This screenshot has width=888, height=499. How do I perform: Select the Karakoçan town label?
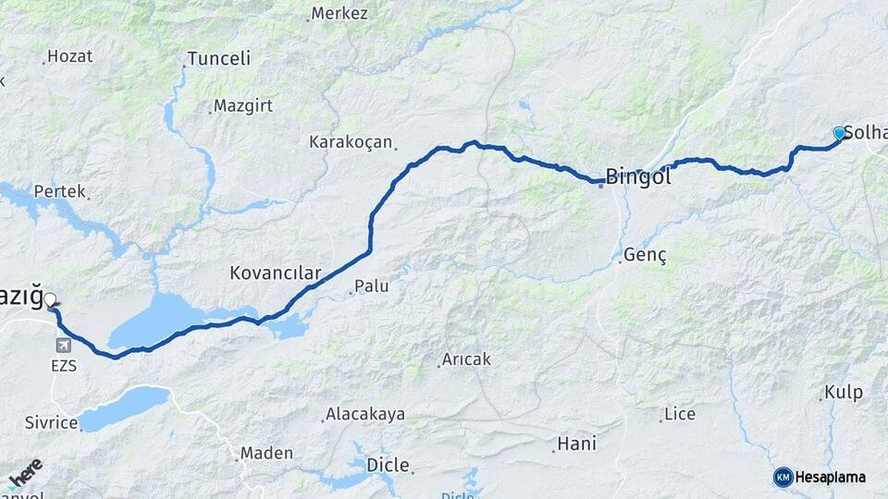tap(351, 143)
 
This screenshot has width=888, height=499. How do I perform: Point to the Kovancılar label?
tap(275, 274)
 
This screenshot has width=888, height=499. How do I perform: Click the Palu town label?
tap(371, 287)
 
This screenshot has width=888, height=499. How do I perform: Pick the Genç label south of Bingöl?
tap(645, 255)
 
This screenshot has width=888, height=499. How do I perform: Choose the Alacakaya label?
tap(364, 415)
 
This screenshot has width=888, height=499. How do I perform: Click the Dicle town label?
tap(388, 464)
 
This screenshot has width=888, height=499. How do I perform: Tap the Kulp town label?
tap(843, 393)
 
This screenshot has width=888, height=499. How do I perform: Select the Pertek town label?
tap(59, 192)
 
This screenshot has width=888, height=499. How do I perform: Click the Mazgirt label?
tap(242, 105)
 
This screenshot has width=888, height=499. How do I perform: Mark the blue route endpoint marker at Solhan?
tap(839, 134)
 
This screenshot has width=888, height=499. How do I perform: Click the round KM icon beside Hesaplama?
tap(783, 477)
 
